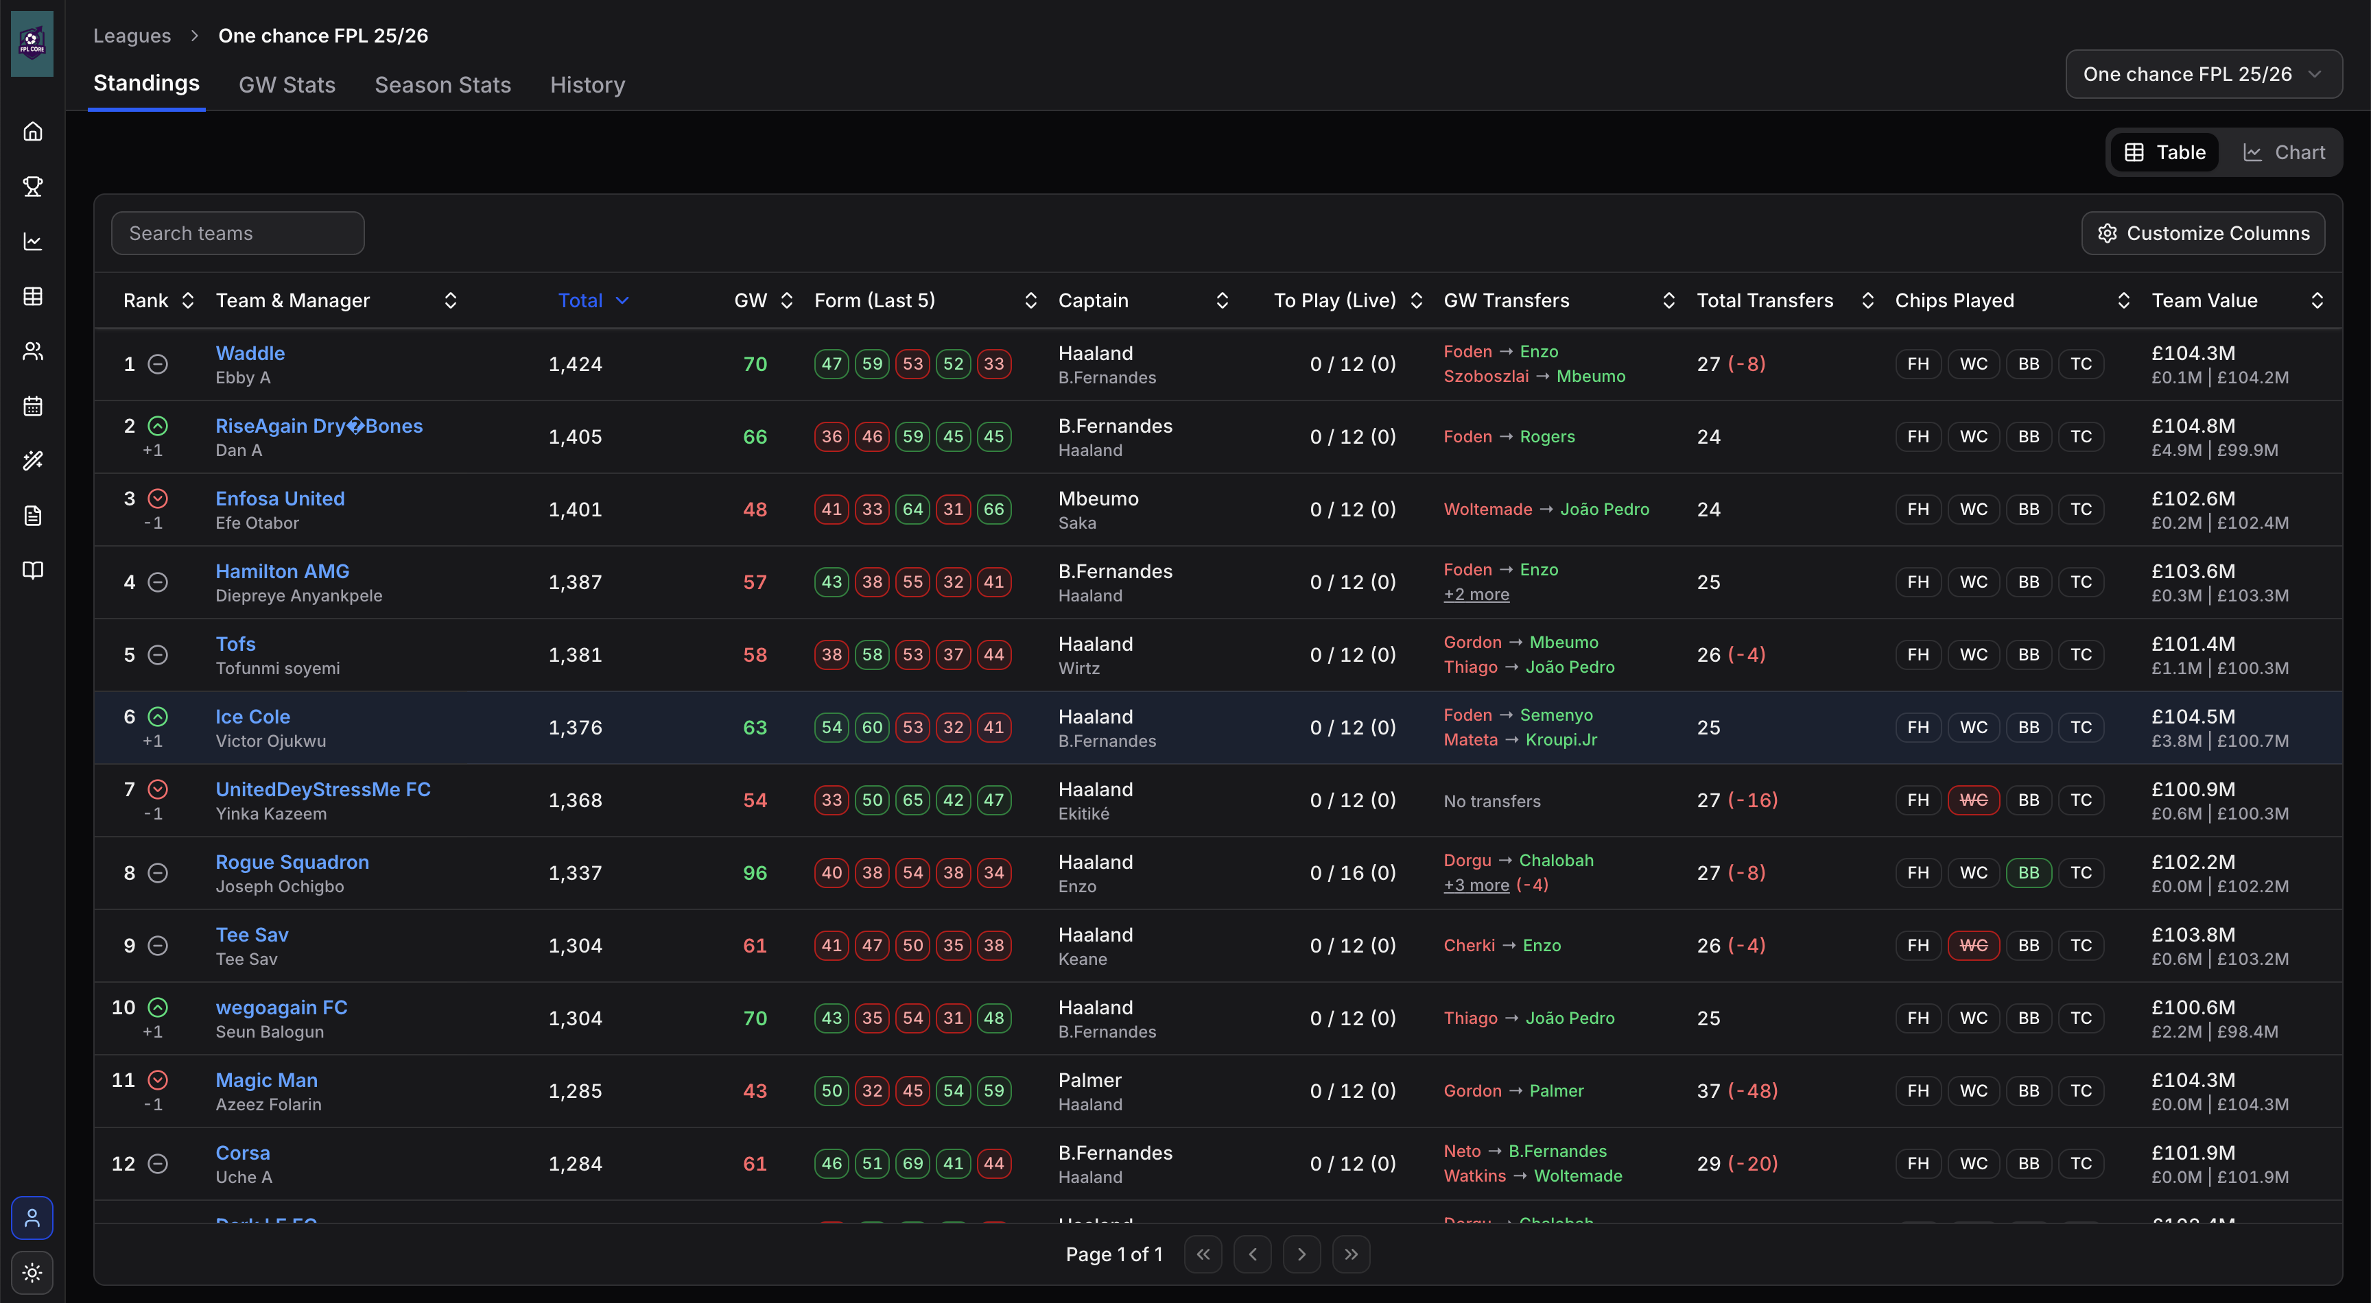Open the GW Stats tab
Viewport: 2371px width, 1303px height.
(x=286, y=84)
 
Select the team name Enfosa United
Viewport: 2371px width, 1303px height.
(x=280, y=498)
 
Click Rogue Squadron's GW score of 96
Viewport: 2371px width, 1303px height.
(x=755, y=872)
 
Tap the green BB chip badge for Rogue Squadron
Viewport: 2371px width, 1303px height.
(x=2028, y=872)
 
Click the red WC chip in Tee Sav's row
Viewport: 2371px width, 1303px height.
(x=1972, y=945)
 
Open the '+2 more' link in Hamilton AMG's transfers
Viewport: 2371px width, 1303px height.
(x=1476, y=595)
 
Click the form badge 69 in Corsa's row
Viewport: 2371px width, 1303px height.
(x=912, y=1163)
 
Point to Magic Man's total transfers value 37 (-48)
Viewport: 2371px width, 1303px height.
(x=1737, y=1090)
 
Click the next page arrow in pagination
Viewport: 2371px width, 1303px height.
(x=1301, y=1254)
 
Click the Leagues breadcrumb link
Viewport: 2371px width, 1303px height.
(x=132, y=35)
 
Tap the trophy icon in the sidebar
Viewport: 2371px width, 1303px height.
(x=32, y=187)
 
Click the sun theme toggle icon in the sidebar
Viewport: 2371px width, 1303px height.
(x=32, y=1273)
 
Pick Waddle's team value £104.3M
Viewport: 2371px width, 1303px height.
(x=2193, y=352)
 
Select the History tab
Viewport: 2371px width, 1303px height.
(x=587, y=84)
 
